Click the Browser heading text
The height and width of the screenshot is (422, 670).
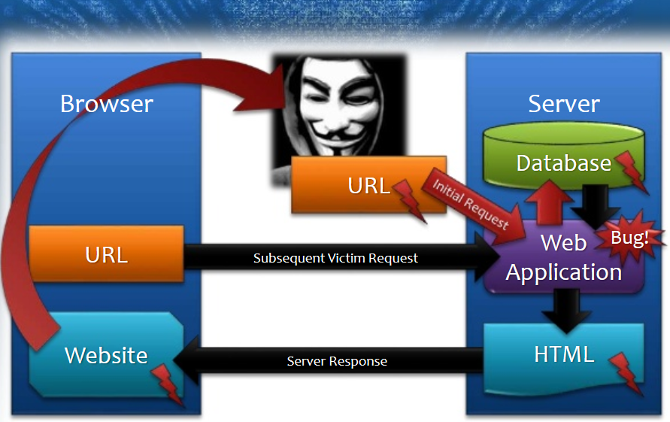pos(106,104)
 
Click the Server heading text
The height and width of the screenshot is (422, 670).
pos(563,104)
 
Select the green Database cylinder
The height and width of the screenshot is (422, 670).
pos(563,154)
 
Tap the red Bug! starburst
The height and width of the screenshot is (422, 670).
pos(629,238)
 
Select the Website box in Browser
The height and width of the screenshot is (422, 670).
pos(106,354)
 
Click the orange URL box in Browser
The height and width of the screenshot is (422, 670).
pos(106,254)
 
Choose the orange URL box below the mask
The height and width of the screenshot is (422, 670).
pos(368,185)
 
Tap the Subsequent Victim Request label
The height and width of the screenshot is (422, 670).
pos(335,258)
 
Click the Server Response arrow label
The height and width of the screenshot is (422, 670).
pos(337,361)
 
